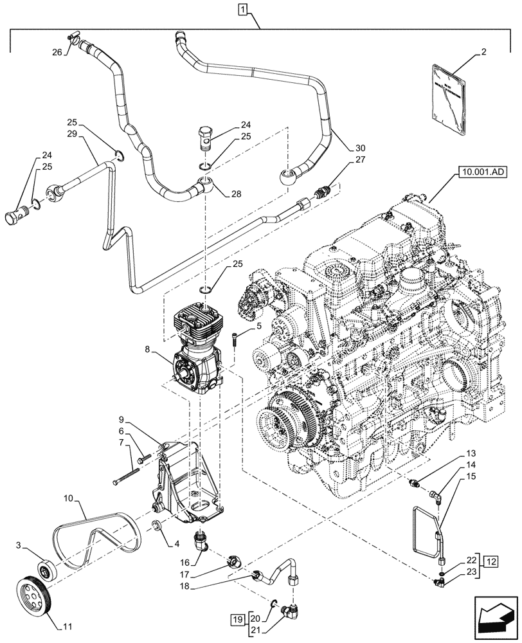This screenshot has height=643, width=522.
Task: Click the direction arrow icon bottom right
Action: pos(494,617)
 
